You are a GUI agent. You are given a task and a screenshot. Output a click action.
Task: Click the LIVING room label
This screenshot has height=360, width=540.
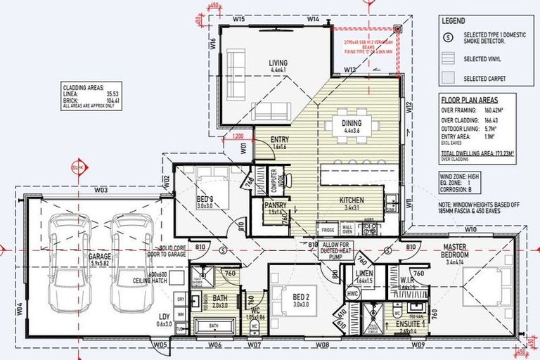point(278,63)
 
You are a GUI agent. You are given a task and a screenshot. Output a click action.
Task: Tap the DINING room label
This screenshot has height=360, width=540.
point(352,124)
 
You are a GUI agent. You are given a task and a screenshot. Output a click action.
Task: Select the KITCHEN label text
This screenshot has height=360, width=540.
point(352,200)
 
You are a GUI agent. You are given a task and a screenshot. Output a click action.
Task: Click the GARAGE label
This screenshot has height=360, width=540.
point(100,257)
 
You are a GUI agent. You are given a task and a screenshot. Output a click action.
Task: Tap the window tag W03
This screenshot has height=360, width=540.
point(101,190)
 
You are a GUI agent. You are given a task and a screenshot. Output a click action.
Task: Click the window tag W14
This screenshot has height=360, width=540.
point(313,19)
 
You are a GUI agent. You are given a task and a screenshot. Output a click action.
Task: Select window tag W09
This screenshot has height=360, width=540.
point(418,345)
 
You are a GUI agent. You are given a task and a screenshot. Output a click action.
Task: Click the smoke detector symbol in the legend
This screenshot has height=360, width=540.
point(451,35)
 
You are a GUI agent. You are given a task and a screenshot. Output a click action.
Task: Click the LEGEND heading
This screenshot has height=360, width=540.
point(452,22)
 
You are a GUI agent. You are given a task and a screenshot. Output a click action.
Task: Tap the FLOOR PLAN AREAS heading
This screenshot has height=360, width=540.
point(469,101)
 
